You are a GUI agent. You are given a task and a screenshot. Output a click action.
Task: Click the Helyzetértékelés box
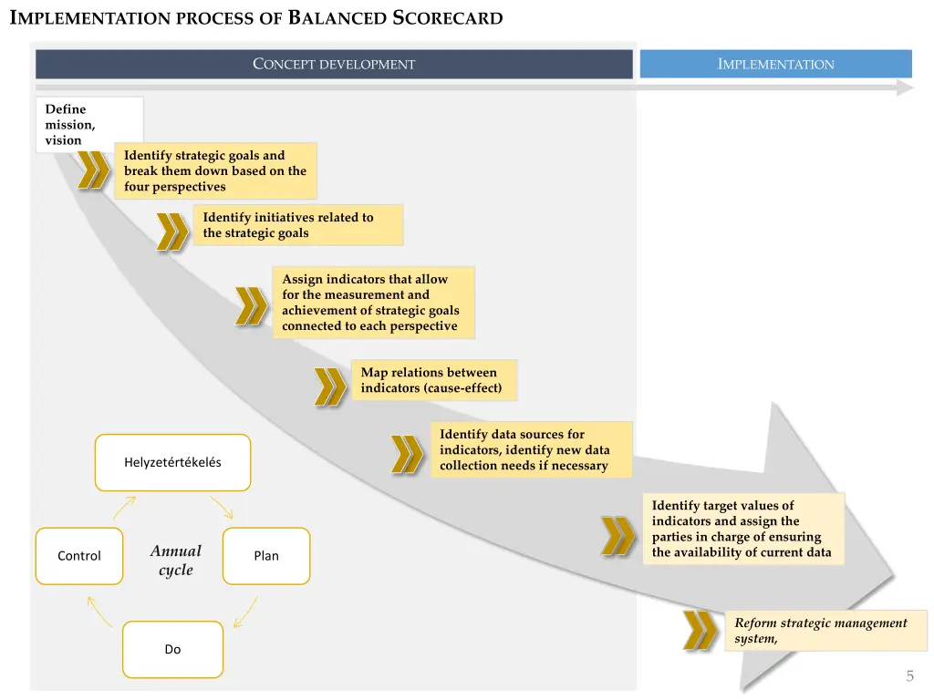point(172,462)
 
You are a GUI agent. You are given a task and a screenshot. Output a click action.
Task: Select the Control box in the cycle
point(79,556)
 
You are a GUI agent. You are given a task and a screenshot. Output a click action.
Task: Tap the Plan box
point(266,556)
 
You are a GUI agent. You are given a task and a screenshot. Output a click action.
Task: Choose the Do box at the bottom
point(172,649)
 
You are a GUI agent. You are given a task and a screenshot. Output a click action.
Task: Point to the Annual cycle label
point(175,560)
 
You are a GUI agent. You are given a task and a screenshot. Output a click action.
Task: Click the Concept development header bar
point(334,64)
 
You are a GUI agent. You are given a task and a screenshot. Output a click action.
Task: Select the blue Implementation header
point(775,64)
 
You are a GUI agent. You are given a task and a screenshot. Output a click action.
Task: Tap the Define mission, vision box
point(89,124)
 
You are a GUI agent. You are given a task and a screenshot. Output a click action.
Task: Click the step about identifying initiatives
point(297,225)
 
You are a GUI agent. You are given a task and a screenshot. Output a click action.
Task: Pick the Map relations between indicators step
point(433,380)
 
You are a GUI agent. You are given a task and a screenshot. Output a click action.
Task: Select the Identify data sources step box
point(531,449)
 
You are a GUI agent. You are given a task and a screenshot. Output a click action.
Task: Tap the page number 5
point(909,676)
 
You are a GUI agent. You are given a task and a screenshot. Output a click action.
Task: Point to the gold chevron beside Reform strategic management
point(700,630)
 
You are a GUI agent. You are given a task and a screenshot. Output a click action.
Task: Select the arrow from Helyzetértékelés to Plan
point(222,507)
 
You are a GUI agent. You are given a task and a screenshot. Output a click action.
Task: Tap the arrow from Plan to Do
point(245,612)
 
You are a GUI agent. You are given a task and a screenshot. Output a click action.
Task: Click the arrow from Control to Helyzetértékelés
point(125,507)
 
